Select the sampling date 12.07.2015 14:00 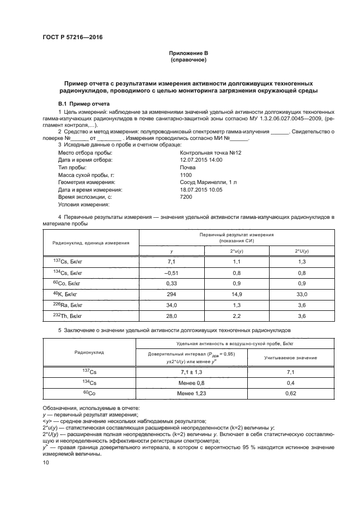[x=201, y=161]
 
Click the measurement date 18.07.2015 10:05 [x=201, y=190]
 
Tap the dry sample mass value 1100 [x=186, y=175]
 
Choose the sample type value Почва [x=188, y=168]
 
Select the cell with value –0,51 [x=172, y=272]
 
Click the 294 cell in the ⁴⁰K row [x=172, y=293]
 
